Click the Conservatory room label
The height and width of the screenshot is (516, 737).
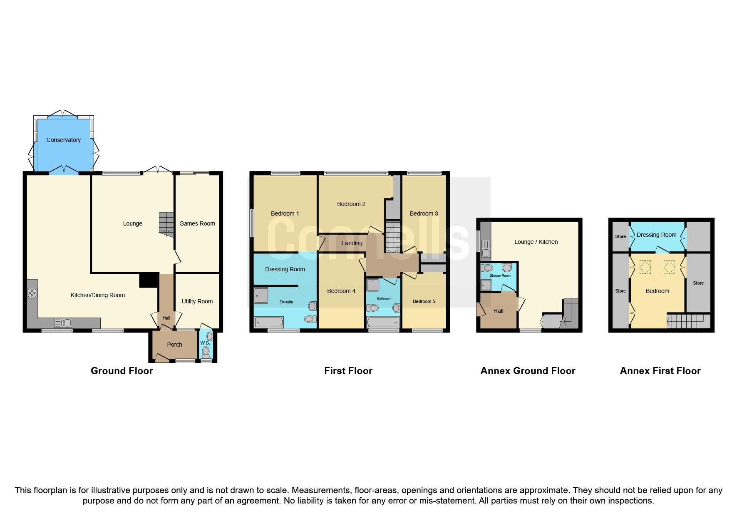(x=63, y=140)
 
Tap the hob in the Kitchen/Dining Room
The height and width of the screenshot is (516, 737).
(x=32, y=293)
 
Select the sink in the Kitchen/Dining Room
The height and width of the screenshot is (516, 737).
(x=63, y=322)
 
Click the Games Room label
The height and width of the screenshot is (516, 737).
(x=197, y=223)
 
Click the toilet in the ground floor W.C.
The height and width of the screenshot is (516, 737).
(x=206, y=352)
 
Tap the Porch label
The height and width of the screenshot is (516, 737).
(x=174, y=345)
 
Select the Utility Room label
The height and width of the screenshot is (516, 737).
(x=197, y=301)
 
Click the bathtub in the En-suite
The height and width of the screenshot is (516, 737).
(x=268, y=322)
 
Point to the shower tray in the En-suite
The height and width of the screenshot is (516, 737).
(x=261, y=295)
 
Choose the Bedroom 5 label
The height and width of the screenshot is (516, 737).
(x=424, y=301)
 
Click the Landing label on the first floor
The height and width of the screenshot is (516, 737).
(x=352, y=243)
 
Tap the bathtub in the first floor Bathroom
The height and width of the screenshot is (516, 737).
(x=383, y=322)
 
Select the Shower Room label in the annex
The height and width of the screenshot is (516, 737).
(x=500, y=275)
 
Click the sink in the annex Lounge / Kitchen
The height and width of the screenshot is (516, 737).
(x=486, y=248)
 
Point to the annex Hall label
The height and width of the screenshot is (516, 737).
(x=498, y=311)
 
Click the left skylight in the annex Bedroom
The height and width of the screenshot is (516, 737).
(x=645, y=267)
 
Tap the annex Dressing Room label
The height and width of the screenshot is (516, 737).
(x=656, y=235)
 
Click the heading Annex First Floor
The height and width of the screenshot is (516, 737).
(x=660, y=371)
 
